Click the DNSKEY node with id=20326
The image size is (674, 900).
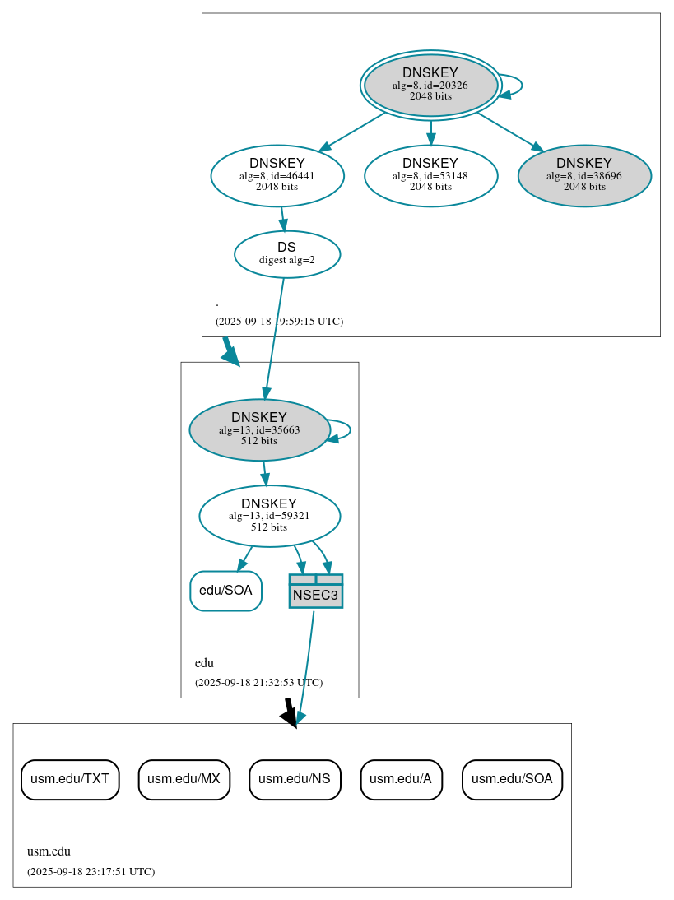[x=430, y=85]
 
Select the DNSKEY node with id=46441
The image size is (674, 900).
[x=277, y=175]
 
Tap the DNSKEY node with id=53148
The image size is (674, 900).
[x=430, y=175]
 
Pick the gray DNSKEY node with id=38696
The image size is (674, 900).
[x=584, y=175]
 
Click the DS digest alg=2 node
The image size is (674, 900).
[x=286, y=253]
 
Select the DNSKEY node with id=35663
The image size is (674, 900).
[x=259, y=429]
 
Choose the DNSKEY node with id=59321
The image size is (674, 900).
[x=269, y=516]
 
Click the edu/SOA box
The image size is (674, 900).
[x=225, y=591]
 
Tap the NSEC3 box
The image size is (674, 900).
[x=315, y=591]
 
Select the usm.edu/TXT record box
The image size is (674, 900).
[x=70, y=779]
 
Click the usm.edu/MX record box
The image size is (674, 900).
[x=184, y=779]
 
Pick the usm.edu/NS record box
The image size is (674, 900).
[x=295, y=779]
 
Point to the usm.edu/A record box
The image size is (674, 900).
[x=402, y=779]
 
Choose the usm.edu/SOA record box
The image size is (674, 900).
[x=512, y=779]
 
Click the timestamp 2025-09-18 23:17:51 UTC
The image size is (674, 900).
[x=91, y=871]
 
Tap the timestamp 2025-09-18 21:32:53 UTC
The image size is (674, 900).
[x=258, y=682]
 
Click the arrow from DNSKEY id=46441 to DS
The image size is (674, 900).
[x=282, y=218]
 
